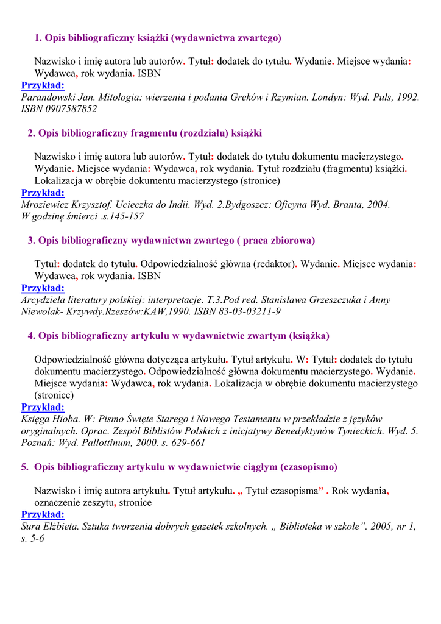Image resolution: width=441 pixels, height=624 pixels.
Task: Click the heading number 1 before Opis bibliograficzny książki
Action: tap(38, 38)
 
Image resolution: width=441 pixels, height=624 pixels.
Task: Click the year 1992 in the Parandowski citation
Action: tap(407, 97)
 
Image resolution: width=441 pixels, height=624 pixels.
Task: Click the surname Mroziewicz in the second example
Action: tap(45, 204)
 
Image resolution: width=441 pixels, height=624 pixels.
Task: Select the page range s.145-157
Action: tap(122, 216)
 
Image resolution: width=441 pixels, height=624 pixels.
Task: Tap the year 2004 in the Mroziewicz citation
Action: tap(378, 204)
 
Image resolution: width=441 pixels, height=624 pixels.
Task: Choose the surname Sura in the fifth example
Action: tap(31, 526)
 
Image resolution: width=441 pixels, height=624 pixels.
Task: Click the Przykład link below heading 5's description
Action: tap(43, 514)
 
